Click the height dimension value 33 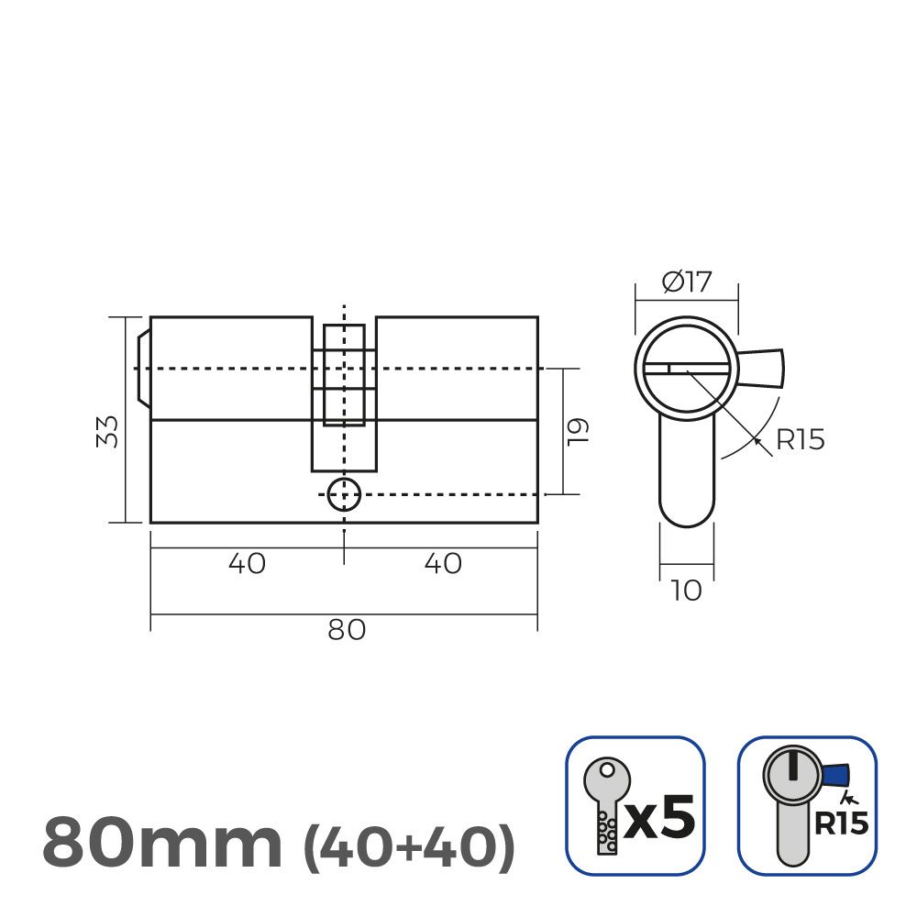pos(109,431)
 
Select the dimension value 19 pos(577,431)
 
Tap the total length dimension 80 pos(346,630)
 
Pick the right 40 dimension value pos(443,563)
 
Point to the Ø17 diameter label pos(686,282)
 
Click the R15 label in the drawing pos(800,440)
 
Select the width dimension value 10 pos(686,591)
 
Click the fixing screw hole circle pos(344,494)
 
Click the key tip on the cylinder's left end pos(142,368)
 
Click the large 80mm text pos(162,843)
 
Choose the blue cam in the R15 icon pos(836,776)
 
